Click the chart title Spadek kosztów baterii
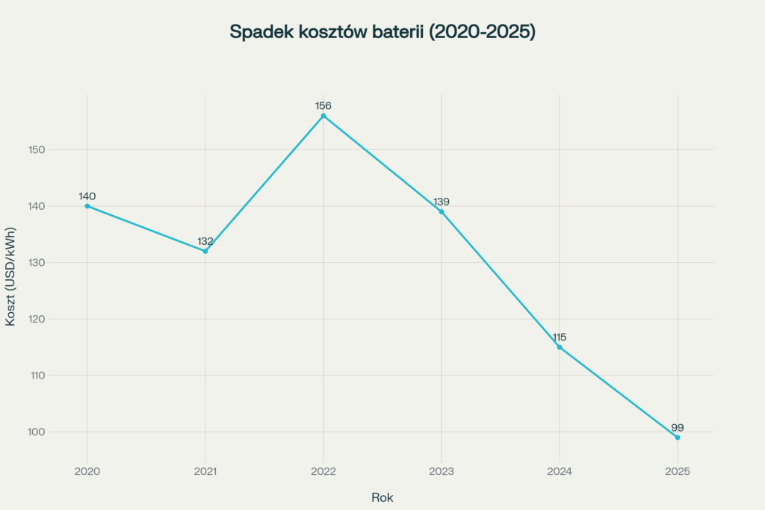382,32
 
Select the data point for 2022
323,116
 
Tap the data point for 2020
87,206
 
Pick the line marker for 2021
205,251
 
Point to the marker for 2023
442,211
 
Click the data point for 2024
560,347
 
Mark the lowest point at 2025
678,438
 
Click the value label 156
323,106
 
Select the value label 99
678,428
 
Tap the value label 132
205,241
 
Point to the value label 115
560,338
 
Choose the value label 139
442,202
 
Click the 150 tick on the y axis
37,150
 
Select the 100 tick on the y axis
37,432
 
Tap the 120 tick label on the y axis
37,320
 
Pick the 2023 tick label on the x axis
442,472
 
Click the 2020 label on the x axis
87,472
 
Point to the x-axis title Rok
382,497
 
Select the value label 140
87,196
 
